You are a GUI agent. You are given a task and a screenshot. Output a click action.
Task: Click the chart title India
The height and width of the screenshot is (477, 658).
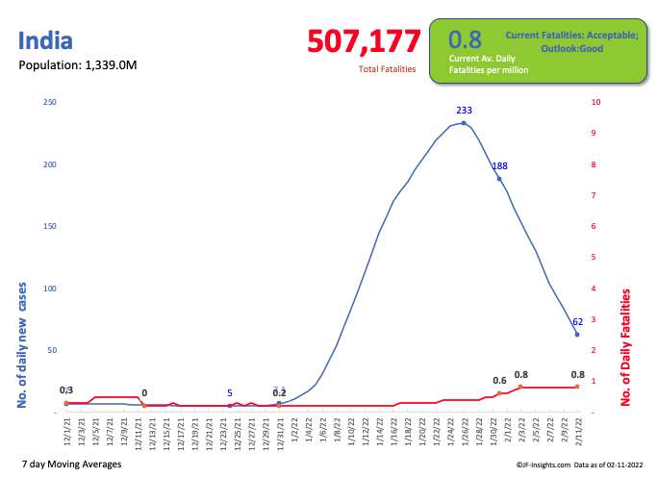click(45, 41)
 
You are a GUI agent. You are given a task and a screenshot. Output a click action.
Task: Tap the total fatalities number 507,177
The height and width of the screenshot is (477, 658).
click(364, 41)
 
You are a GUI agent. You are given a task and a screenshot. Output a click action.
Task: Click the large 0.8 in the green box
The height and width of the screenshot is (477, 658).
click(465, 39)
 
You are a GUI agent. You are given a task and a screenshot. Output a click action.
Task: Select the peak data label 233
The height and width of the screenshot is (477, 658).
click(464, 111)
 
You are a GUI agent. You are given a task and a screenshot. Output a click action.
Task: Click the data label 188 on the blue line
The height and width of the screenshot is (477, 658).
click(500, 166)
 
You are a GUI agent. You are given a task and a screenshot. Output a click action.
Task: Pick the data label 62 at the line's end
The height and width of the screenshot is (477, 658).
click(577, 322)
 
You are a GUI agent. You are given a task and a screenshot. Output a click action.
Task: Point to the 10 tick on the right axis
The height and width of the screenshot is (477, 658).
click(596, 102)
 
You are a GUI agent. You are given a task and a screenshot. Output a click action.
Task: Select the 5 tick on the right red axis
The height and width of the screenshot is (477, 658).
click(595, 257)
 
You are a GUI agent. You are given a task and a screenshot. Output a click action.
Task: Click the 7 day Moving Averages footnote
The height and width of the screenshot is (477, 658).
click(70, 464)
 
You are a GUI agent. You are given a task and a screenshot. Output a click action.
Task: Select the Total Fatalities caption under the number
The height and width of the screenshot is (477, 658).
click(387, 69)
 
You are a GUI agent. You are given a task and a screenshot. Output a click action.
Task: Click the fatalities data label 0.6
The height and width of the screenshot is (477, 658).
click(500, 381)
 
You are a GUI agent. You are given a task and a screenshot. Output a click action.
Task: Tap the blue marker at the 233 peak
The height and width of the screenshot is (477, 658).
click(464, 123)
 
